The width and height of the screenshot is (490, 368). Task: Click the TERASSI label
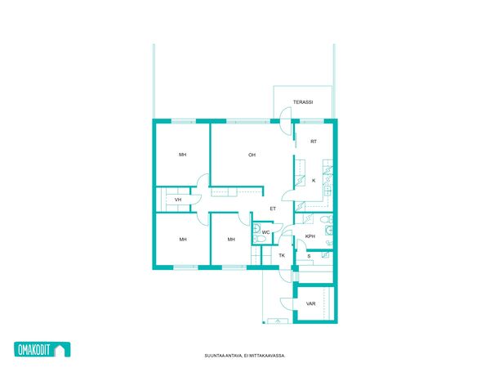click(303, 102)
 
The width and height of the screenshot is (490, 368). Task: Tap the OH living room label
click(252, 155)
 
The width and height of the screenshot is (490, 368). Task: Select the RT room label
click(314, 141)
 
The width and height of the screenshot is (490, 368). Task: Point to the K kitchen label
click(314, 181)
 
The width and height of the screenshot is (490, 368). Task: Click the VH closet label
click(178, 200)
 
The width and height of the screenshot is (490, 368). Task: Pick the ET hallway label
click(273, 209)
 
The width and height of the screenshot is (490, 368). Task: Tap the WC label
click(265, 232)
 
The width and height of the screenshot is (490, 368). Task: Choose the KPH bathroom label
click(310, 236)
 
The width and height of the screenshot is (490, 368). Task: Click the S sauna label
click(309, 256)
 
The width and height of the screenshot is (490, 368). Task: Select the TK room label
click(282, 255)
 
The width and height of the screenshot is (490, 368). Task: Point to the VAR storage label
click(310, 303)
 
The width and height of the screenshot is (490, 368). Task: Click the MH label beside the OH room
click(183, 155)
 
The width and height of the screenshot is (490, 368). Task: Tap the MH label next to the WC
click(231, 240)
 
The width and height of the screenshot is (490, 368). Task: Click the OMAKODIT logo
click(42, 349)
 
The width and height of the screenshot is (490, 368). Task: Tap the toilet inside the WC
click(259, 240)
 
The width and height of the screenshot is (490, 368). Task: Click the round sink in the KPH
click(329, 231)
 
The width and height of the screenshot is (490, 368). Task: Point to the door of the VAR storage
click(287, 303)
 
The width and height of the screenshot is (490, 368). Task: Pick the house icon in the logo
click(62, 350)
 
